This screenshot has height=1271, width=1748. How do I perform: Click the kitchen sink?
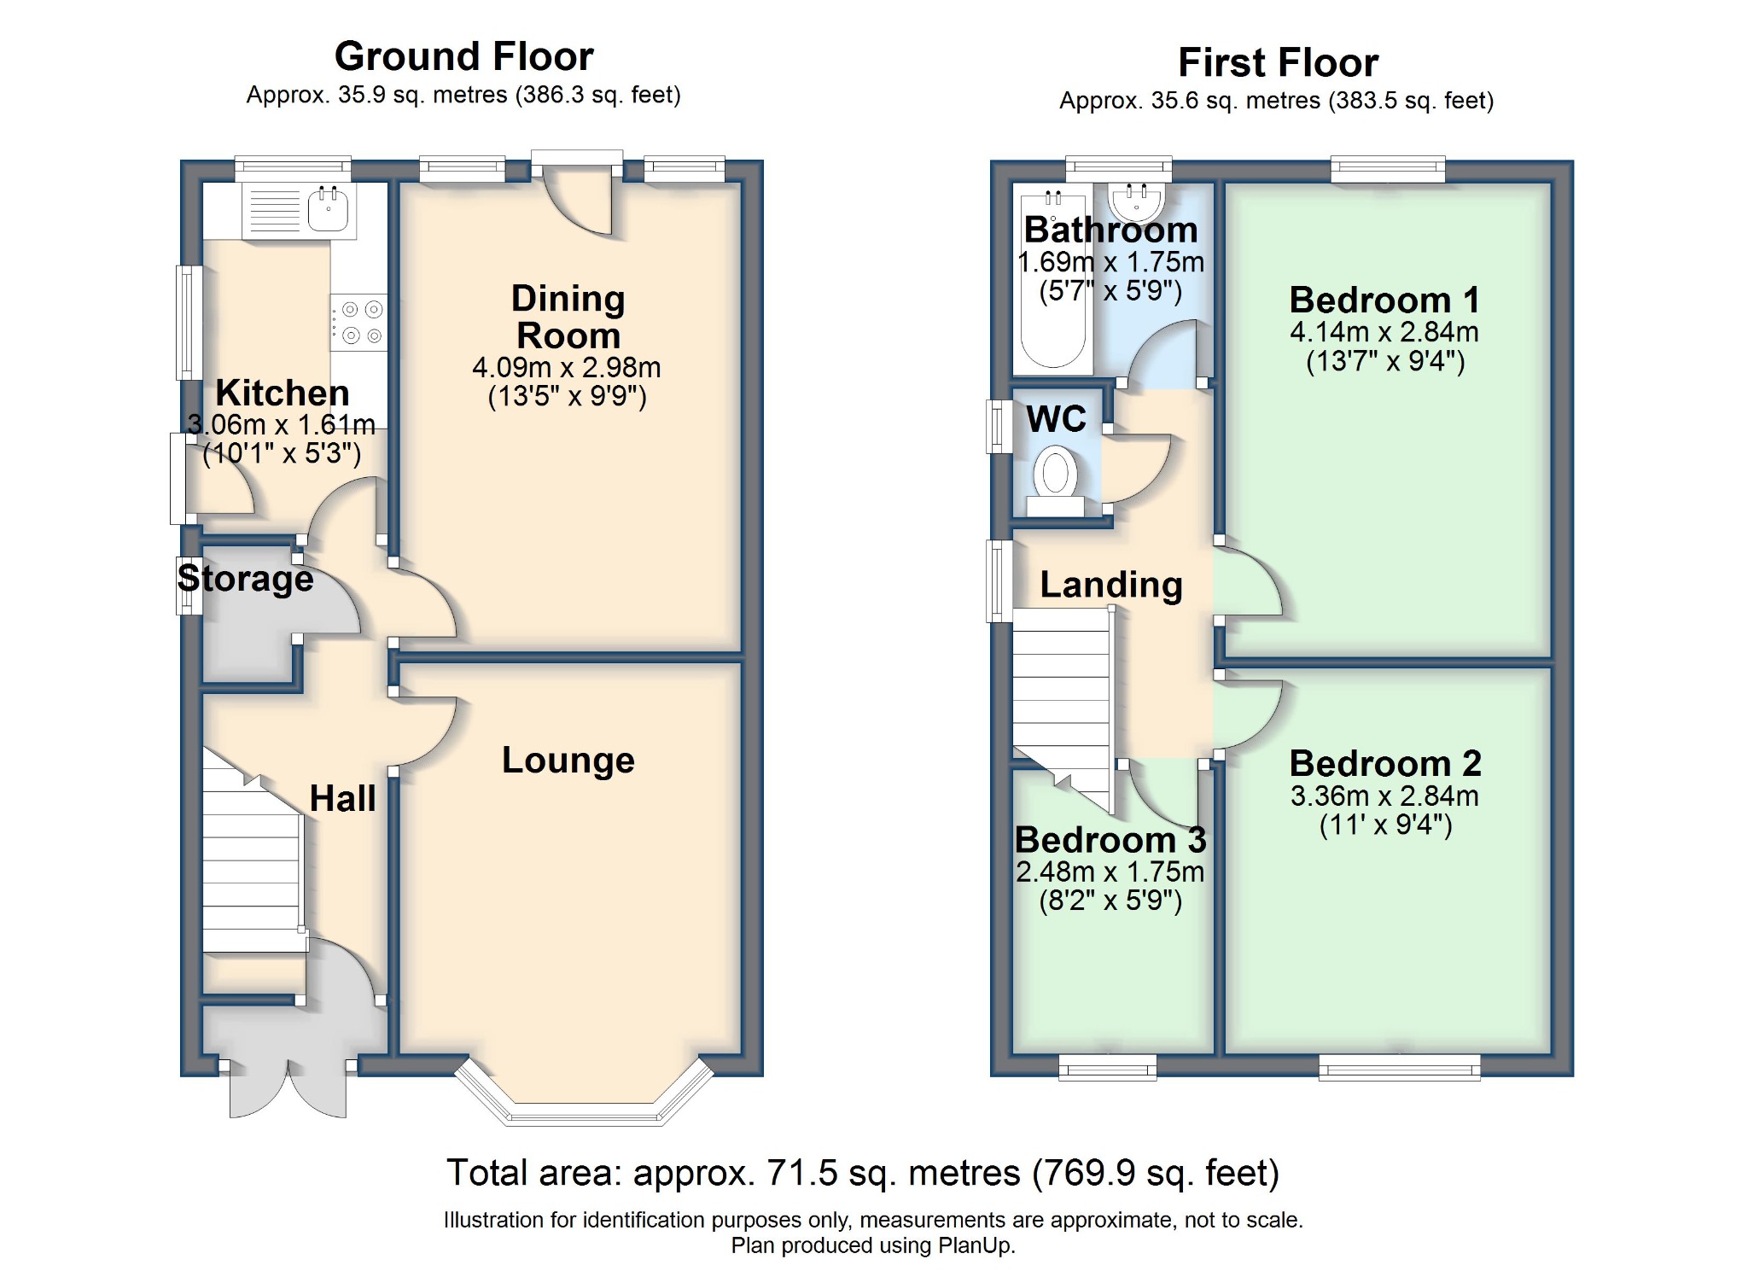click(x=328, y=209)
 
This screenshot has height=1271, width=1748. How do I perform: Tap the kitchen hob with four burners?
click(x=359, y=323)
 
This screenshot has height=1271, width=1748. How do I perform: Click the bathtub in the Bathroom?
click(x=1052, y=282)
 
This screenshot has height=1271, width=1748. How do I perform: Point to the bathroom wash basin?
click(x=1136, y=203)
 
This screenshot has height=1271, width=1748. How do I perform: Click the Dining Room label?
click(x=568, y=317)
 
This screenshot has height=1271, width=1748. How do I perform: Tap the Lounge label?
click(x=568, y=760)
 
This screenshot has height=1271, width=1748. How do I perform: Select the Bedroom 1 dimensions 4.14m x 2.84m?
click(x=1384, y=332)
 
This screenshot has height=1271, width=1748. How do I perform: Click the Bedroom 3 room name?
click(x=1110, y=840)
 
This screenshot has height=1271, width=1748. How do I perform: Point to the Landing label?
click(x=1111, y=585)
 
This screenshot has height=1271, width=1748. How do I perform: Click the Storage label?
click(x=246, y=579)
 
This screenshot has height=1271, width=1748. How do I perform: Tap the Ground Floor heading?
click(x=463, y=56)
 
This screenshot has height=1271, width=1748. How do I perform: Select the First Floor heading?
click(x=1278, y=62)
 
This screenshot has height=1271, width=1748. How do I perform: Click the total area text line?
click(x=863, y=1173)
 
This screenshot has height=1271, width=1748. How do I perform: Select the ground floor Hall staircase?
click(x=253, y=862)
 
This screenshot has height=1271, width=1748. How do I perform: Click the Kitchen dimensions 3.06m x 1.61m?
click(x=282, y=424)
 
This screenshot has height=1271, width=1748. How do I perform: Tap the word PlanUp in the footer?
click(x=976, y=1245)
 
